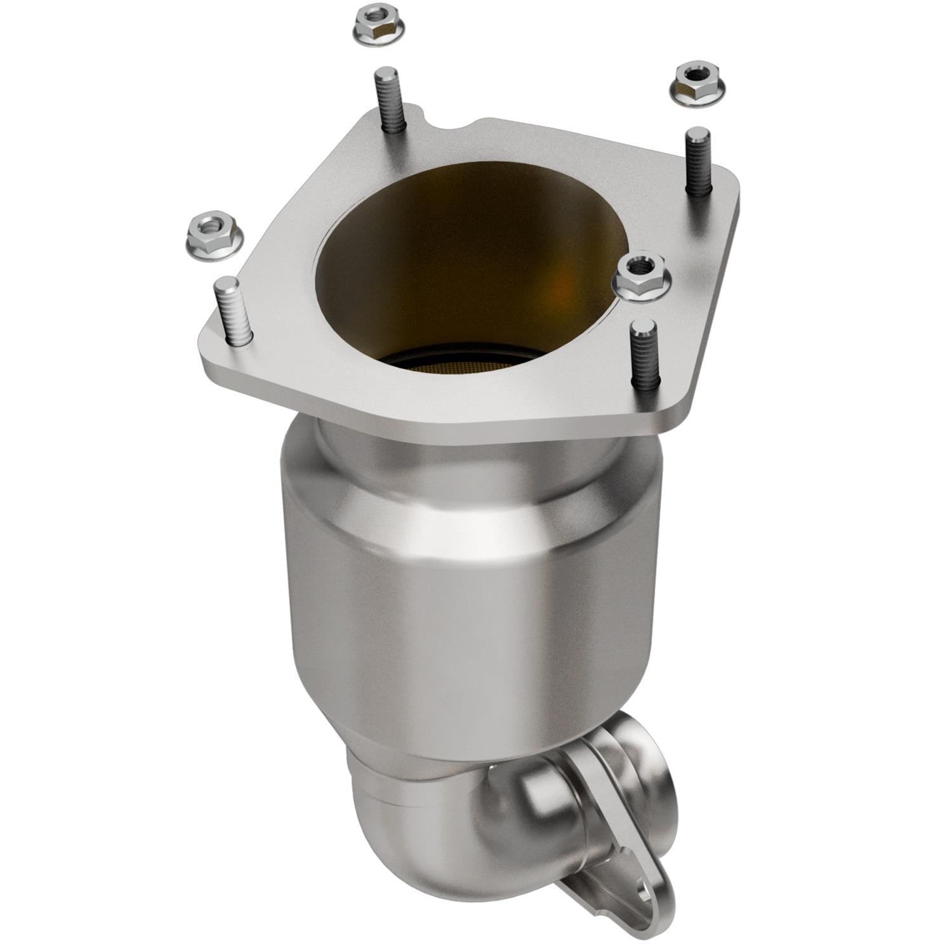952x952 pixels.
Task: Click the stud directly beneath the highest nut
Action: [388, 102]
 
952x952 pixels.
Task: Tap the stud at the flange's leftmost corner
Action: [230, 311]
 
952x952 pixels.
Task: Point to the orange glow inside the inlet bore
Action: [559, 292]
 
